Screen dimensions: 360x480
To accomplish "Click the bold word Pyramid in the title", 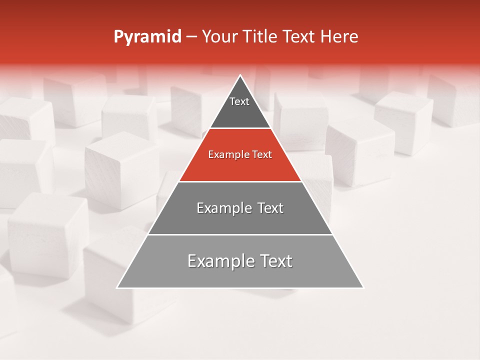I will (x=147, y=37).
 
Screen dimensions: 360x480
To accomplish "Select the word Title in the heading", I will (x=261, y=36).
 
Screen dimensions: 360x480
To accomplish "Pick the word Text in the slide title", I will (x=299, y=36).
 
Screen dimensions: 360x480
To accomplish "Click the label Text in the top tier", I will (x=239, y=101).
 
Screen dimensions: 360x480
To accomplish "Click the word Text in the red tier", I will (x=262, y=155).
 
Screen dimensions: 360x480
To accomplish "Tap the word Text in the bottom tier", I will (x=272, y=261).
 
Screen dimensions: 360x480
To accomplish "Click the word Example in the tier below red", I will (x=222, y=208).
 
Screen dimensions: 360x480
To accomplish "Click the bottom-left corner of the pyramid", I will (x=117, y=288).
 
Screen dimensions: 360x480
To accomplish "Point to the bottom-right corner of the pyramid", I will (x=363, y=288).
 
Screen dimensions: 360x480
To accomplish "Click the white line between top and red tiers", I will (x=240, y=128).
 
